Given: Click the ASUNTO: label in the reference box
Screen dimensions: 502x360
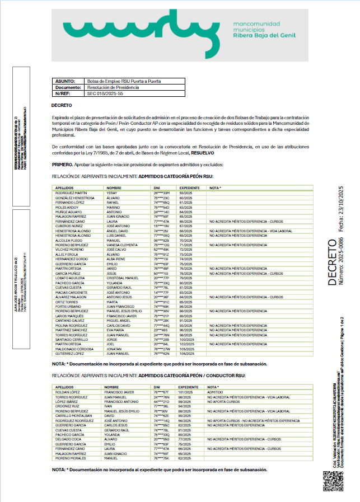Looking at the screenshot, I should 66,81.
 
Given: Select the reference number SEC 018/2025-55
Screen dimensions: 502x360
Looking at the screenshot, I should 105,93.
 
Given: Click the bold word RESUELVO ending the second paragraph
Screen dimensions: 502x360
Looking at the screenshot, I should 202,153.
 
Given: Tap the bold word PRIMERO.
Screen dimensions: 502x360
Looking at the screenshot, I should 61,165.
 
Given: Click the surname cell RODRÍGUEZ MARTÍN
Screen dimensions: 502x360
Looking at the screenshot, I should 73,193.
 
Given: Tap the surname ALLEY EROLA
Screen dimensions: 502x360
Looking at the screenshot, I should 68,255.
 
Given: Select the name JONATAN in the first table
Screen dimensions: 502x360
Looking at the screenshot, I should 115,350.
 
